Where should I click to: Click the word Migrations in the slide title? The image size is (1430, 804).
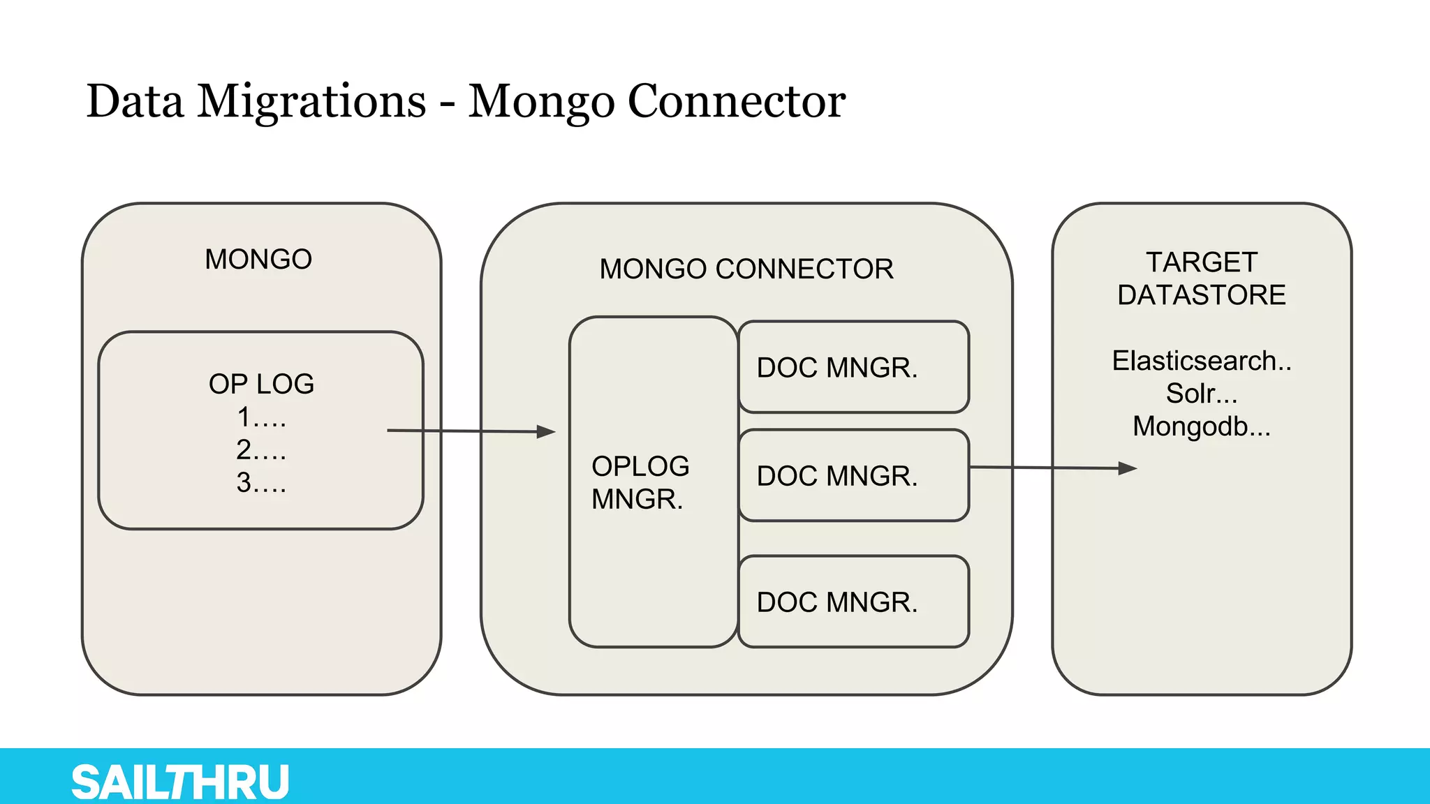(x=311, y=102)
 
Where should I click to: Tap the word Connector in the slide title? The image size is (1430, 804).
(x=737, y=102)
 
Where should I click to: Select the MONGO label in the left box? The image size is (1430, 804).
(x=258, y=260)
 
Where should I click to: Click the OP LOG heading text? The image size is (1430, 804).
(x=261, y=384)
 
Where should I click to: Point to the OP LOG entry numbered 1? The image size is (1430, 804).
(x=261, y=417)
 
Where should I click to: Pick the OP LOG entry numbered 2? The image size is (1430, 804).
(x=261, y=450)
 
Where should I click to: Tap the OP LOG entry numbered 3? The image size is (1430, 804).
(x=261, y=483)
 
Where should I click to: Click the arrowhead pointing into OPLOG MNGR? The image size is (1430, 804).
(x=546, y=432)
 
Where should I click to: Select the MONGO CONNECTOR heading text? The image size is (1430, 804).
(x=746, y=269)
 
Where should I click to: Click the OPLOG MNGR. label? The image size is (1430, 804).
(x=640, y=482)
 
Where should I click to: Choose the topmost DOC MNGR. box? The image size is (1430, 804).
(x=853, y=367)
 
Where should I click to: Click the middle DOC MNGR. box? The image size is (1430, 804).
(x=853, y=475)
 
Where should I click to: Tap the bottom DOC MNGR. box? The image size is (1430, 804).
(x=853, y=602)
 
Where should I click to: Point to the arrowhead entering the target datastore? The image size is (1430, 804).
(x=1128, y=468)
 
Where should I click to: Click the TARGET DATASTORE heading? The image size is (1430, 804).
(x=1201, y=278)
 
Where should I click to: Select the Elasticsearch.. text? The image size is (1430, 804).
(x=1201, y=361)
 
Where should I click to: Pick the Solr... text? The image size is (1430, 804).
(x=1201, y=394)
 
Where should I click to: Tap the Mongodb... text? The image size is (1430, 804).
(x=1201, y=426)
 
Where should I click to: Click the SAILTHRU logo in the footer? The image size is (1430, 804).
(x=180, y=782)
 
